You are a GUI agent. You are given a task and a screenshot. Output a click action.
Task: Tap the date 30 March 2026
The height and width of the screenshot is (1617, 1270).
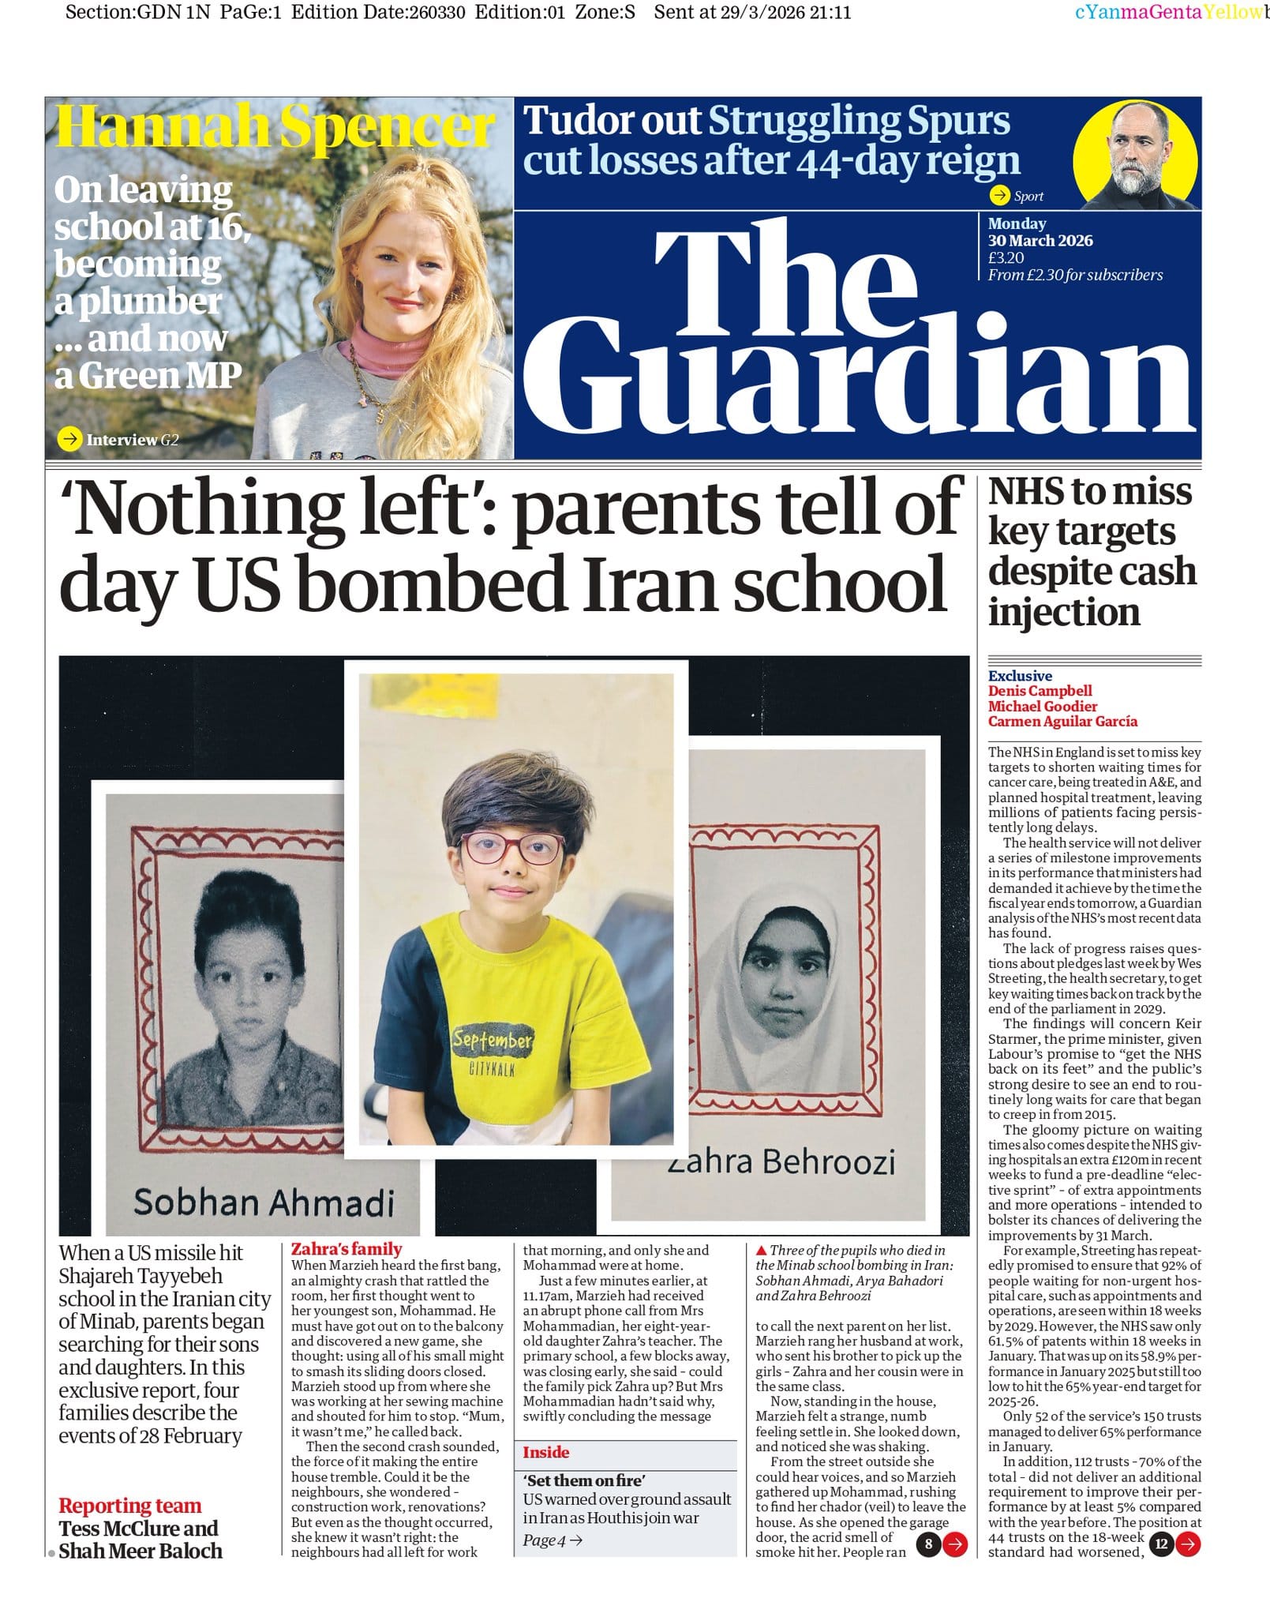click(x=1040, y=241)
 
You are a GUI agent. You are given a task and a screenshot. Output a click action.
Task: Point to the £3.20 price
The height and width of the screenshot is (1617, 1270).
click(x=1006, y=257)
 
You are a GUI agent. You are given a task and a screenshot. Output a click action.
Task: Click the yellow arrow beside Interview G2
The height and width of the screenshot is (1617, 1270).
click(x=70, y=439)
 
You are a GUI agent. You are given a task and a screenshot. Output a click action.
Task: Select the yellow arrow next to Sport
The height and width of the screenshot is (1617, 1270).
click(x=1000, y=195)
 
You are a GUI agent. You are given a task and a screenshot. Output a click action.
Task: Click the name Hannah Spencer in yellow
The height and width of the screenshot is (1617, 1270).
click(x=275, y=126)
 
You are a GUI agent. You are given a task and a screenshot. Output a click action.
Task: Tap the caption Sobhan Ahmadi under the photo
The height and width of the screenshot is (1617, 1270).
click(x=263, y=1202)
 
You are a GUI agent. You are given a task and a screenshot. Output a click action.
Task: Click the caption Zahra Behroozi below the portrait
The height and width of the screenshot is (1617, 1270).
click(x=781, y=1161)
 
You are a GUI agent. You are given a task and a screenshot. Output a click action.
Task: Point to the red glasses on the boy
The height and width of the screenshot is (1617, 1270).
click(x=512, y=849)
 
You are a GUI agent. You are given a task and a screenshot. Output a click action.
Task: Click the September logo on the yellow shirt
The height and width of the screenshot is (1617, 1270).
click(x=493, y=1041)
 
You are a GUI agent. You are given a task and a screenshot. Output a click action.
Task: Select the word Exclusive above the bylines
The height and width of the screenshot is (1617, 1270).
click(x=1020, y=676)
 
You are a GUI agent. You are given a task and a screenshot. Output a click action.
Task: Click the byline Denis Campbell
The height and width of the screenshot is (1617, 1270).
click(x=1040, y=691)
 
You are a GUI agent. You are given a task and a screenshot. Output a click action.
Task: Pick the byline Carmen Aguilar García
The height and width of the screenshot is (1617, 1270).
click(x=1062, y=721)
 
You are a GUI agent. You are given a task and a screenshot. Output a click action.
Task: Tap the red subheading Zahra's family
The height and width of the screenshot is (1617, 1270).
click(x=347, y=1248)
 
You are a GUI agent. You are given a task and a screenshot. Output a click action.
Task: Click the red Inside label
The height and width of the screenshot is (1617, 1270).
click(x=545, y=1452)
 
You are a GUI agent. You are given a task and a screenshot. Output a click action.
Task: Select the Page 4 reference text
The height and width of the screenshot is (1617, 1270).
click(x=552, y=1540)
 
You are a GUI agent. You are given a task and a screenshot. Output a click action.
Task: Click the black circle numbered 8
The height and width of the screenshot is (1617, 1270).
click(x=928, y=1544)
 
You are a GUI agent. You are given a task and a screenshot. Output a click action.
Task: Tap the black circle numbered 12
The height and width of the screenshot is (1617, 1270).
click(x=1161, y=1544)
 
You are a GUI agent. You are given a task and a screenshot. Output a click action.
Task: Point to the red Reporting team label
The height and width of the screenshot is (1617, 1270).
click(x=129, y=1506)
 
